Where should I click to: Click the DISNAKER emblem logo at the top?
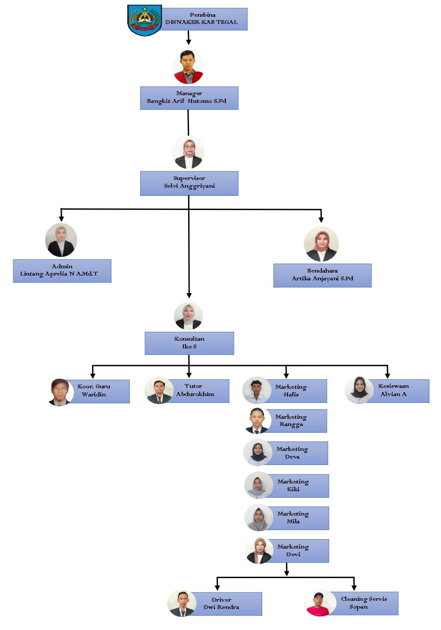[145, 20]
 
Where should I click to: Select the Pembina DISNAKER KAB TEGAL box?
[204, 19]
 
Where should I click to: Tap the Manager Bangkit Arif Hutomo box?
[189, 98]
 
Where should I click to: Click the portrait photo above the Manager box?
[188, 67]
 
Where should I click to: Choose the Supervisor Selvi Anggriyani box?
[189, 183]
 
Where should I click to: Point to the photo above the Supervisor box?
[188, 152]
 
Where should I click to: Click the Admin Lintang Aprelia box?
[62, 270]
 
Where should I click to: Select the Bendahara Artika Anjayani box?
[322, 275]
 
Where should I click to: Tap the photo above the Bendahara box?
[321, 244]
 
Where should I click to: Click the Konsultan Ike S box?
[189, 343]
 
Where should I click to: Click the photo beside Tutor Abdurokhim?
[159, 390]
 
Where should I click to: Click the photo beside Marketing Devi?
[258, 551]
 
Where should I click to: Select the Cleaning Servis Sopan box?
[363, 603]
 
